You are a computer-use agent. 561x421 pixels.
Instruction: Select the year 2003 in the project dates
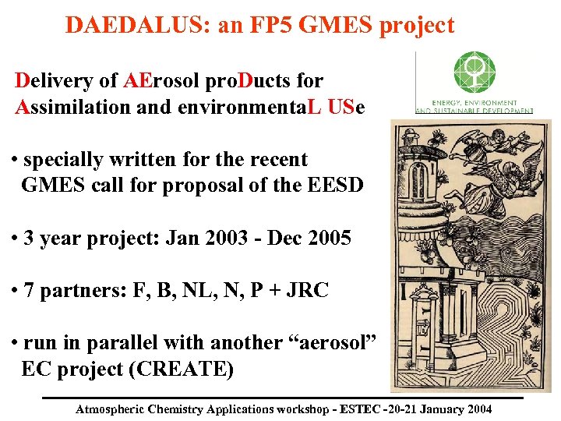click(221, 238)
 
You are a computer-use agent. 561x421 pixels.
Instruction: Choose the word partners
click(78, 291)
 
